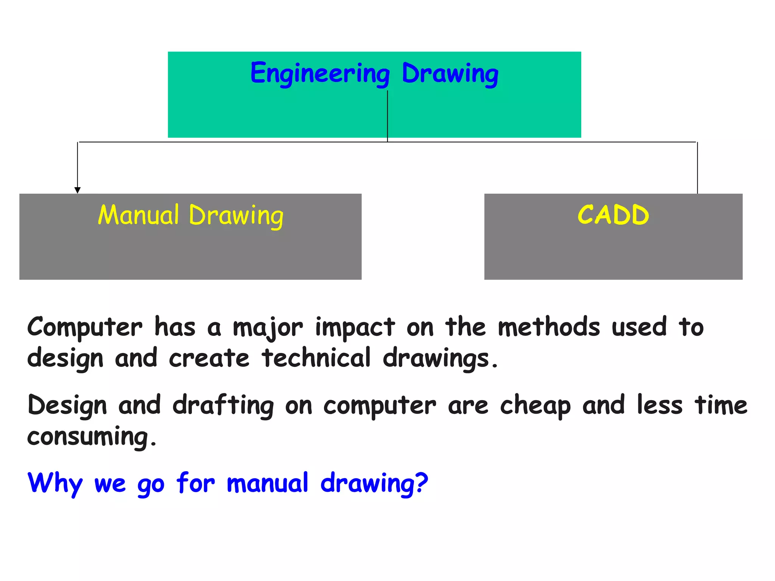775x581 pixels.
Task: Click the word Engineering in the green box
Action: [320, 73]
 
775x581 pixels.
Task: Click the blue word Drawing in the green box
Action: [450, 73]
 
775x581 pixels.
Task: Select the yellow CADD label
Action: [613, 215]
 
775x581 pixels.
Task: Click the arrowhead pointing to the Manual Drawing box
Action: [78, 190]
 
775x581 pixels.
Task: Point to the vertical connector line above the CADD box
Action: [697, 168]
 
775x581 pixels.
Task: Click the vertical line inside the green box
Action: [387, 113]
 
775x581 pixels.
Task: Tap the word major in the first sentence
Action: [268, 328]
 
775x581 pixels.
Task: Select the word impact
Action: [355, 328]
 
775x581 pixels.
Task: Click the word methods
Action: [549, 327]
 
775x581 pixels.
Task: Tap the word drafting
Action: [223, 405]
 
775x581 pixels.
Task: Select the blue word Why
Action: [55, 483]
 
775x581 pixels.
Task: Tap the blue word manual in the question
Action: [267, 483]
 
